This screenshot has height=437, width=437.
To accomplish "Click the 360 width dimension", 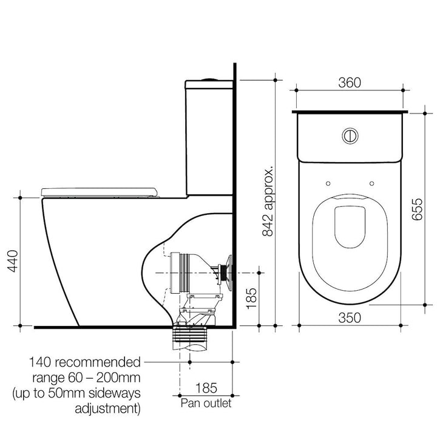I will click(349, 83).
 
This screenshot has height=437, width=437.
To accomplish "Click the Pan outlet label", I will click(206, 403).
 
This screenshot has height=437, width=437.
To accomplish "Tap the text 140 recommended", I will click(85, 362).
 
